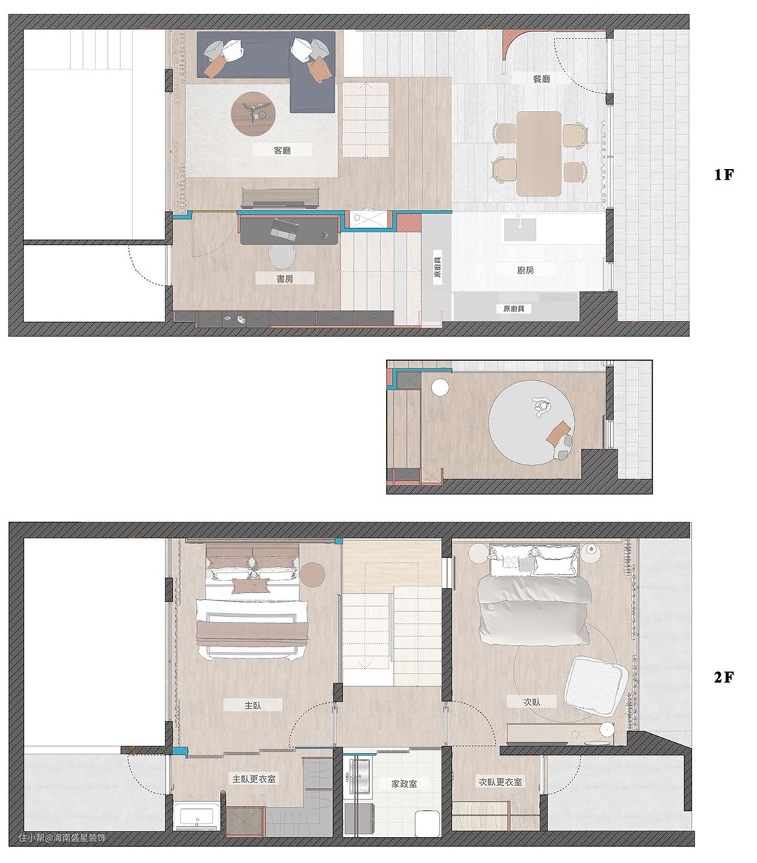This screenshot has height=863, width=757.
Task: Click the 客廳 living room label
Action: (282, 150)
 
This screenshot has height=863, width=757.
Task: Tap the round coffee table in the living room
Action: (253, 114)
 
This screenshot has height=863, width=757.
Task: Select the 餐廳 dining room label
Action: (541, 79)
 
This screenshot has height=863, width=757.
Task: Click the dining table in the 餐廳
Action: (539, 154)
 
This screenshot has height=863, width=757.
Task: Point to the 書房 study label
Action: (285, 279)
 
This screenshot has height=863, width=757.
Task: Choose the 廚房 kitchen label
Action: (526, 269)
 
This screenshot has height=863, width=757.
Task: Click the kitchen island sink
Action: (519, 229)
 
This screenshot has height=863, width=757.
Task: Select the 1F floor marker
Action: (724, 174)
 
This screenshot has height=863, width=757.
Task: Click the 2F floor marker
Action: (724, 677)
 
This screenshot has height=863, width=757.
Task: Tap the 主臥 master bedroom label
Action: (252, 705)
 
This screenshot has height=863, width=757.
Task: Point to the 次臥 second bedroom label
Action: (532, 701)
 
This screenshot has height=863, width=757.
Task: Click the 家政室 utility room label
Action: (404, 783)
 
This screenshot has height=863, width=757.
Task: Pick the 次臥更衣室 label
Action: (500, 782)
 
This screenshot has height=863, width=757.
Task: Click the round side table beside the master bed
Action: (312, 574)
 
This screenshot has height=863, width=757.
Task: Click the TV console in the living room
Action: (280, 198)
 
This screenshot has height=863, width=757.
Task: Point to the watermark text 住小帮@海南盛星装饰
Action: (62, 838)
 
